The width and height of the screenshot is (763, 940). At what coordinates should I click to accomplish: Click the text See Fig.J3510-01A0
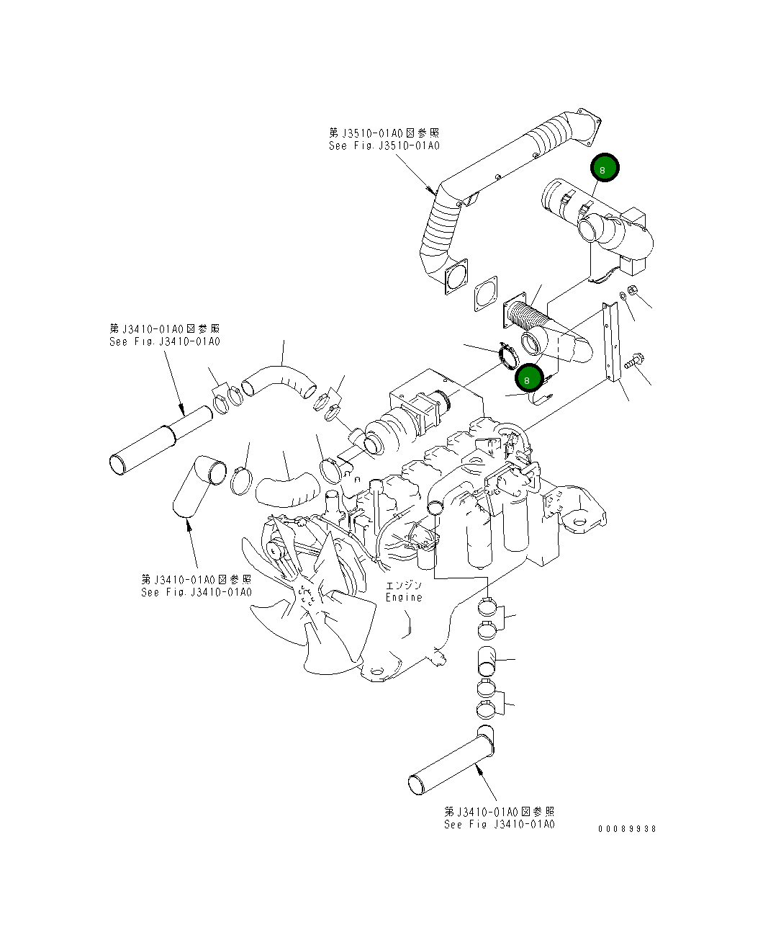(x=384, y=146)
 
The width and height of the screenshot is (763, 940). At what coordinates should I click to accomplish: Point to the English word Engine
(x=404, y=597)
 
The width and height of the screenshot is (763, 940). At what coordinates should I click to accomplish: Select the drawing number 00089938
(x=627, y=828)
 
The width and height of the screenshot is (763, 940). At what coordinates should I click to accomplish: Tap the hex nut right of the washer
(x=633, y=291)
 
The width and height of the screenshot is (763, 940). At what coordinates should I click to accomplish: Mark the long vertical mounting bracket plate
(x=612, y=344)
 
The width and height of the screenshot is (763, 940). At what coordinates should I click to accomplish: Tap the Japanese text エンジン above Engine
(x=403, y=585)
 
